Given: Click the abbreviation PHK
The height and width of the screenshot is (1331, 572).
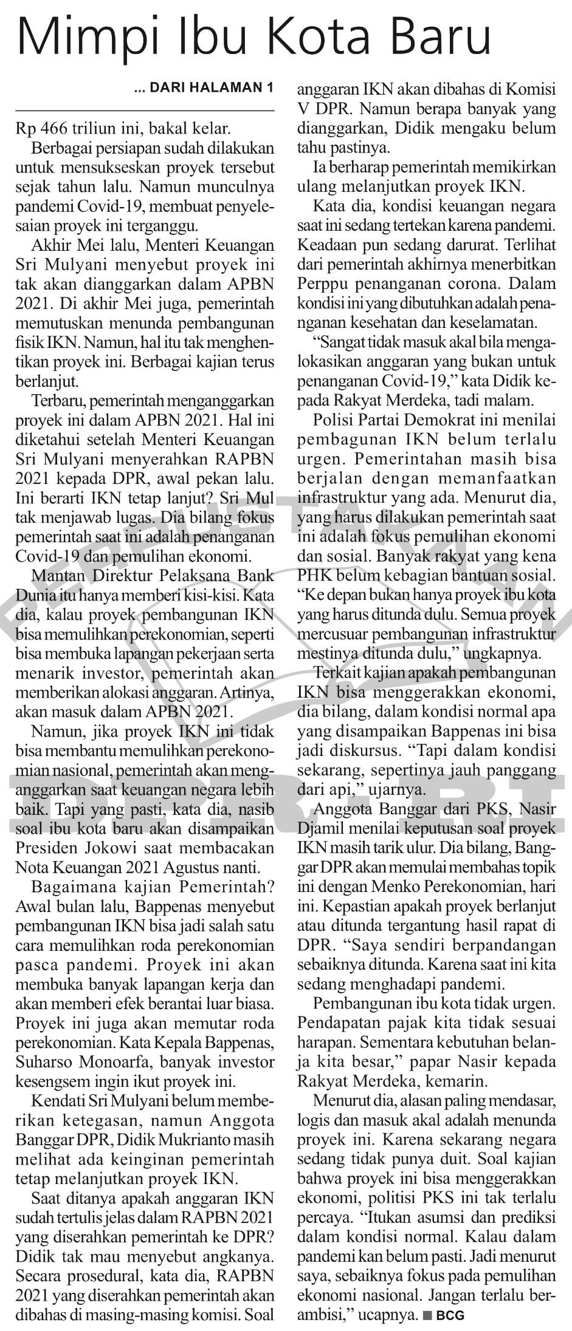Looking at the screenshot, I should click(x=313, y=574).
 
